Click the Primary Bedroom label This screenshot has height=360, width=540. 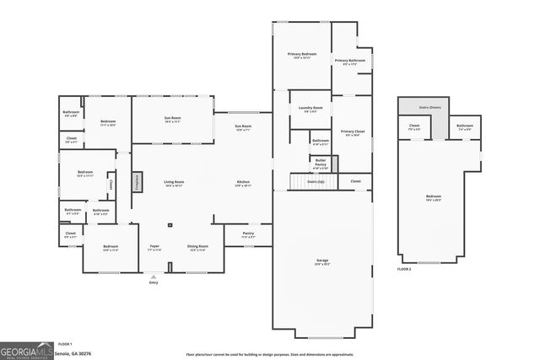coord(301,55)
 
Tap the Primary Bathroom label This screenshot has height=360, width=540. coord(349,61)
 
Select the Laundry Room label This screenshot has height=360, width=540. coord(310,108)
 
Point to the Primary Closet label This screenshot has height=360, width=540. coord(353,132)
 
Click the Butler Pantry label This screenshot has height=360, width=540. coord(321,163)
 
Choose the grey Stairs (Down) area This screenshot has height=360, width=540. coord(423,107)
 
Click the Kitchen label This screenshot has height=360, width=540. coord(243,183)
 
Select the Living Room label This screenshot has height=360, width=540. coord(174,183)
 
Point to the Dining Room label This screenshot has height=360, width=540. coord(197,247)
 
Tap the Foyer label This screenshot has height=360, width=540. coord(154,247)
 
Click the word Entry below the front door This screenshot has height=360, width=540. coord(154,282)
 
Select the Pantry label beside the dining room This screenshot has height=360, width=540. coord(248,235)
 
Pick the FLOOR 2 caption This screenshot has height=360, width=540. coord(404,269)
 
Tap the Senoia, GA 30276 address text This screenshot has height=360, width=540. coord(74,354)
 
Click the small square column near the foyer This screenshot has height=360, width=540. coord(169,225)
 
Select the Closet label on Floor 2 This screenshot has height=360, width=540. coord(414,126)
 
